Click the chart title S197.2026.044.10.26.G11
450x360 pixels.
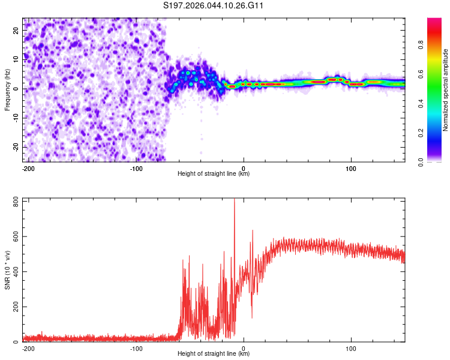coord(214,6)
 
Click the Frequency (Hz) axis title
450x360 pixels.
coord(7,89)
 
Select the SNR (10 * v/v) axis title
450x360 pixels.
coord(7,269)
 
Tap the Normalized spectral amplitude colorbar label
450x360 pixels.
coord(446,89)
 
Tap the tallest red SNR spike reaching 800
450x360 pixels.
coord(234,202)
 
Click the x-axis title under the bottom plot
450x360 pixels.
coord(214,354)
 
